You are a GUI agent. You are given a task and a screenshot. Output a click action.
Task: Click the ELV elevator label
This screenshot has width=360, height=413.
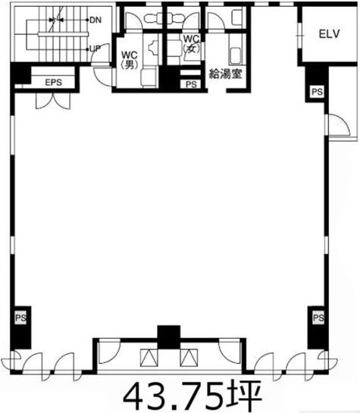[329, 34]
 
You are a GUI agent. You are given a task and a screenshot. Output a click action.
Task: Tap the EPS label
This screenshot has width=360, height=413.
[54, 82]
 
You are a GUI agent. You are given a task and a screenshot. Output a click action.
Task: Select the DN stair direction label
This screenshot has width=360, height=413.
[95, 20]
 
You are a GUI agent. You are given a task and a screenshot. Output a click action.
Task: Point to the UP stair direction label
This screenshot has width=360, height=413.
[95, 48]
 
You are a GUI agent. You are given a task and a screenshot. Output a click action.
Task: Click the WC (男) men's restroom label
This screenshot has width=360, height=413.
[130, 60]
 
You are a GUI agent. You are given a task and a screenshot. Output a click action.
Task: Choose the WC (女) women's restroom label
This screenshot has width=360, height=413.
[191, 43]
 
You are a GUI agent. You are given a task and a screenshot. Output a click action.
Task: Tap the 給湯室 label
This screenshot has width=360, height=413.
[225, 74]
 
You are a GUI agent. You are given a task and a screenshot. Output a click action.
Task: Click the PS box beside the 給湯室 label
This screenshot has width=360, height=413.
[191, 84]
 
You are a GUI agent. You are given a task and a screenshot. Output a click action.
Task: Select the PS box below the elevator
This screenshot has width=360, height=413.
[317, 92]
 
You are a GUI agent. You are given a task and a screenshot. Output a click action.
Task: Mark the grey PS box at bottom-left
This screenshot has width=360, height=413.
[20, 318]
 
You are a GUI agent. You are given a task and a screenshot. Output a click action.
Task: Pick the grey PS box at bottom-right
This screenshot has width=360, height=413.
[318, 318]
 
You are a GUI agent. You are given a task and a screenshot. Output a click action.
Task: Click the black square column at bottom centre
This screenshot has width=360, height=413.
[168, 337]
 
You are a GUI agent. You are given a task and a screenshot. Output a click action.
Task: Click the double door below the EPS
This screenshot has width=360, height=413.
[54, 100]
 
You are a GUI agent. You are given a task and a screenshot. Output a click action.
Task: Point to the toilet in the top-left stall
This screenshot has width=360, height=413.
[152, 18]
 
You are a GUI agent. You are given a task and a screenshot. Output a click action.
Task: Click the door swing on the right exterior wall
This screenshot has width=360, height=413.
[340, 125]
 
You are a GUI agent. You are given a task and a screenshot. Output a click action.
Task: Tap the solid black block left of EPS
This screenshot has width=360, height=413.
[20, 74]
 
